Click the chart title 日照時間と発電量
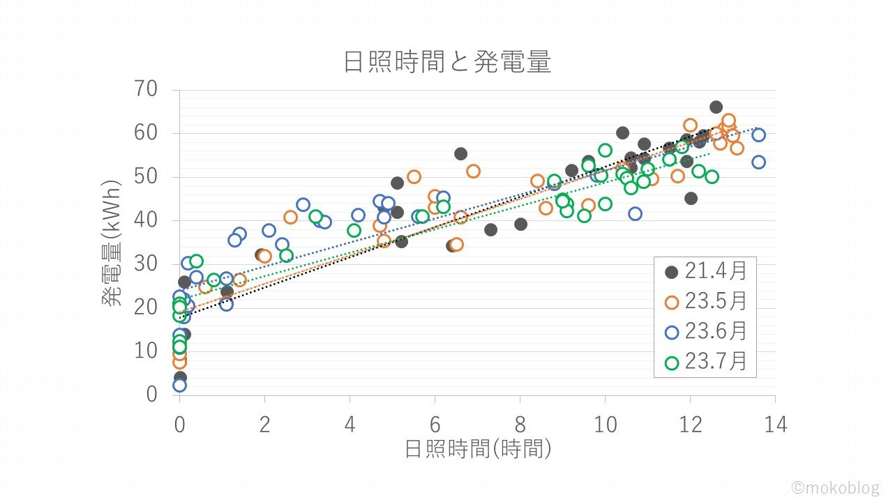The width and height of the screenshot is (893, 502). click(x=447, y=63)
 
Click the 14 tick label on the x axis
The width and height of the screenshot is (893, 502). click(x=775, y=424)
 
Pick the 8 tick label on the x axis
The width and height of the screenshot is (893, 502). click(x=520, y=424)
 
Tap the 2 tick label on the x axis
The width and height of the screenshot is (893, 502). click(x=265, y=424)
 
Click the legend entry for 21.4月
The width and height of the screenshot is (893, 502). click(x=705, y=271)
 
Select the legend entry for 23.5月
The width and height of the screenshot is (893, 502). click(x=705, y=301)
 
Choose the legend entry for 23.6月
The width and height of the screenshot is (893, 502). click(x=705, y=332)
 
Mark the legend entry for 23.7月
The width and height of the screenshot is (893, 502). click(x=705, y=362)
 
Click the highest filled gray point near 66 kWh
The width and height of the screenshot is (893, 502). click(x=716, y=107)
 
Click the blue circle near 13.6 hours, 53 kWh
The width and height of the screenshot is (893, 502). click(x=758, y=162)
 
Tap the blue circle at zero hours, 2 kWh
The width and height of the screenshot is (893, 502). click(x=179, y=385)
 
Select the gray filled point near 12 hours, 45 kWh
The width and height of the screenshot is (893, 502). click(x=691, y=199)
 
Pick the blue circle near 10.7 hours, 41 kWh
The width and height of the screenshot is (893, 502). click(x=635, y=214)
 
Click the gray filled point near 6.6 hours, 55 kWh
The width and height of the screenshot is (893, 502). click(x=460, y=154)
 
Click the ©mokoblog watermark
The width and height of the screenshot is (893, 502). click(x=835, y=487)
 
